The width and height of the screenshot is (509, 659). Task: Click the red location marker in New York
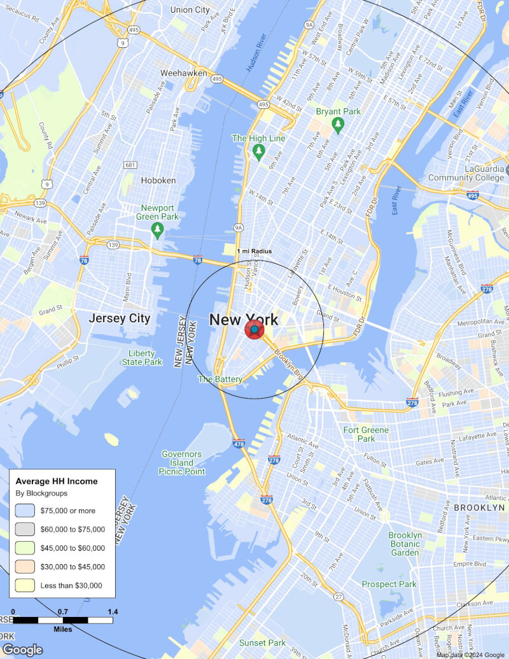[254, 330]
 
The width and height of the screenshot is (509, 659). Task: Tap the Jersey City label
[120, 318]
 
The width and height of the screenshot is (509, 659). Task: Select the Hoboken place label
[158, 180]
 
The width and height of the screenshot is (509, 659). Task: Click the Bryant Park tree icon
[338, 125]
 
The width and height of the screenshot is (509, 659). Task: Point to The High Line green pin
[258, 152]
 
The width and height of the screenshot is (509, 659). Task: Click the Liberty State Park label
[141, 358]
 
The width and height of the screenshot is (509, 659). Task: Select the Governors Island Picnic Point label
[183, 463]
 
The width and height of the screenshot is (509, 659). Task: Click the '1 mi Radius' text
[254, 252]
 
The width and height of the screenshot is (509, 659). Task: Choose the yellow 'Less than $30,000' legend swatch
[25, 586]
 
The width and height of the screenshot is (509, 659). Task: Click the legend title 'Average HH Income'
[57, 481]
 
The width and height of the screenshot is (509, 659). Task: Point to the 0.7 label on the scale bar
[63, 612]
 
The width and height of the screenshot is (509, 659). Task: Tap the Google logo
[22, 649]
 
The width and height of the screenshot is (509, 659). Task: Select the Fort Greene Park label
[366, 434]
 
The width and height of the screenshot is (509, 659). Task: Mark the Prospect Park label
[389, 584]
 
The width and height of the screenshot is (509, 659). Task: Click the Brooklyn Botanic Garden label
[405, 544]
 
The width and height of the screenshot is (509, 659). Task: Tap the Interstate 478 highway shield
[239, 444]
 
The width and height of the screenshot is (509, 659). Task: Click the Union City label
[190, 10]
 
